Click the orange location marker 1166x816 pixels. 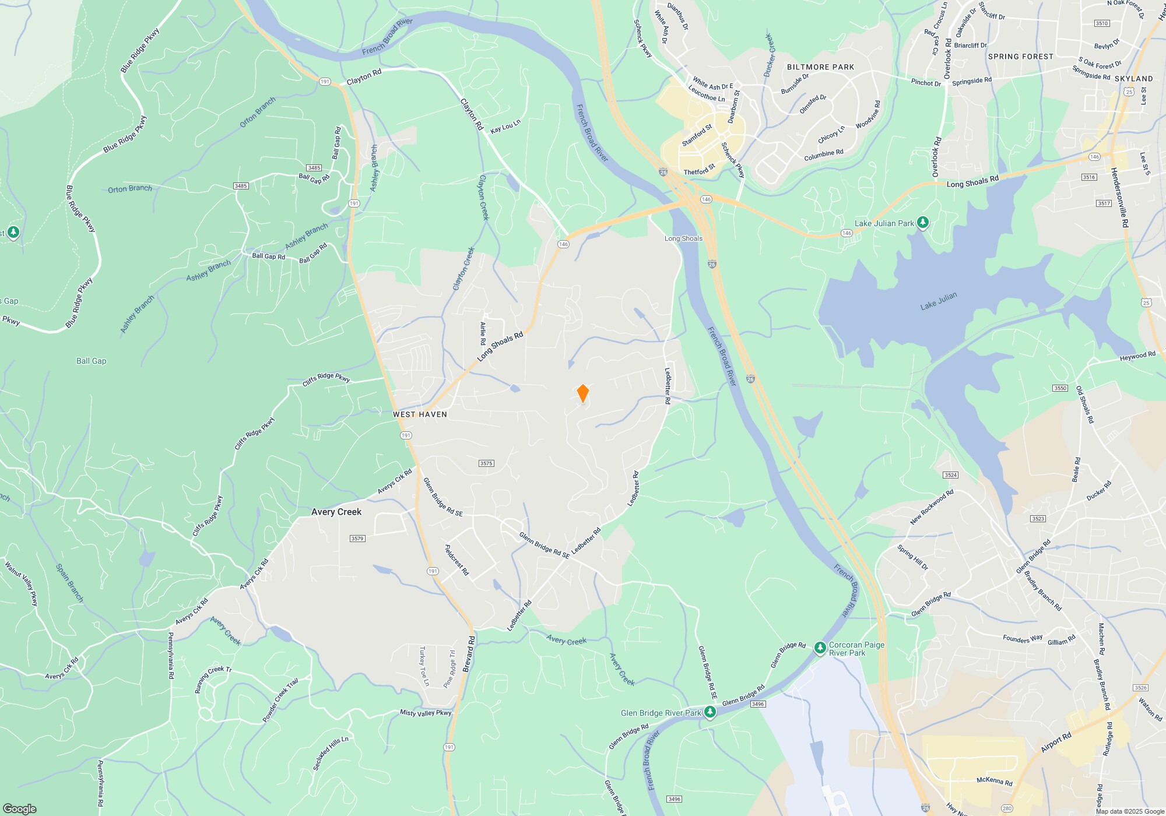click(582, 393)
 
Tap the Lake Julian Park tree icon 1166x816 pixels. click(922, 223)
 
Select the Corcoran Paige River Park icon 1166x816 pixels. click(820, 648)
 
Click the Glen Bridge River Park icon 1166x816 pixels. click(710, 712)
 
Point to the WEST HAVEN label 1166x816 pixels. click(420, 414)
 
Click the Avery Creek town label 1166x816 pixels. click(336, 512)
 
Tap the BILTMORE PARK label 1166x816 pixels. click(820, 67)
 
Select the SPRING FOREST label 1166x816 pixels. click(1020, 57)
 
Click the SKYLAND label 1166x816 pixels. click(1133, 79)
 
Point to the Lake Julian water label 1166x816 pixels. click(939, 301)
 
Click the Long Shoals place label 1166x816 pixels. click(683, 238)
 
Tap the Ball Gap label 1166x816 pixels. click(92, 361)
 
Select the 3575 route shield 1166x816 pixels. click(486, 463)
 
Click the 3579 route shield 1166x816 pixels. click(357, 539)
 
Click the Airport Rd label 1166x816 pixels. click(1056, 742)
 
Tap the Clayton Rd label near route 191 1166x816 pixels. click(364, 76)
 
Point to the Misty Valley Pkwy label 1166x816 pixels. click(426, 713)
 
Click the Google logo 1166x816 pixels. click(20, 808)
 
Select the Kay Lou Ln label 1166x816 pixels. click(505, 126)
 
